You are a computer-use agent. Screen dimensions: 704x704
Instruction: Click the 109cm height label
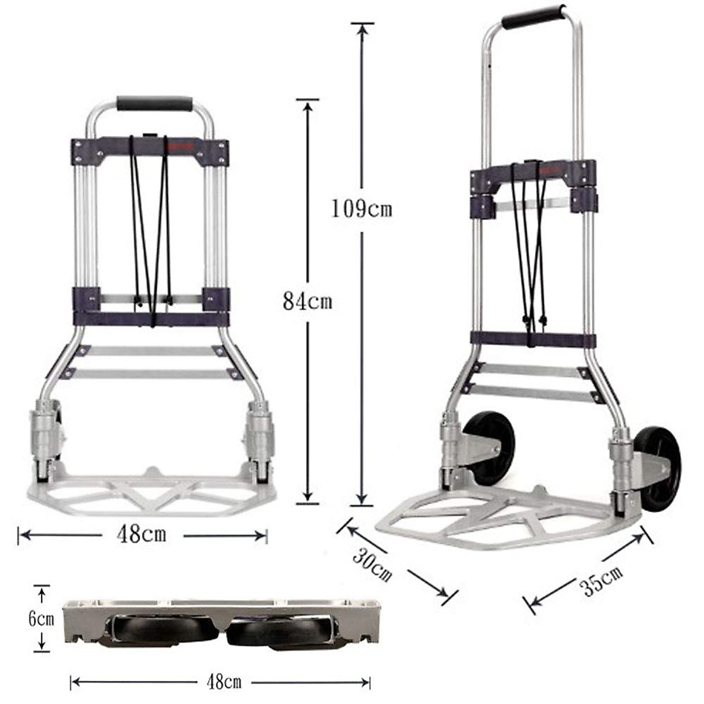361,208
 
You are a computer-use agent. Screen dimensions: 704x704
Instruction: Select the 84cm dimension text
307,302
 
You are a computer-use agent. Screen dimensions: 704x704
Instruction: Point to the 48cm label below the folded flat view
224,682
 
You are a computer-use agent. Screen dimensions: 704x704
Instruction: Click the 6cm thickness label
41,619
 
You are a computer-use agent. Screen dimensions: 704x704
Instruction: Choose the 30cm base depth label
372,564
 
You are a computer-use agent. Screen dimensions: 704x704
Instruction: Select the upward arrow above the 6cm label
41,595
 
